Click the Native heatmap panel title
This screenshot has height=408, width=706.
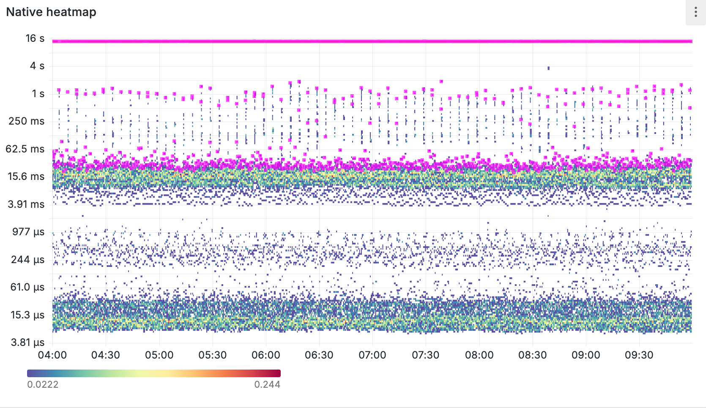[x=51, y=12]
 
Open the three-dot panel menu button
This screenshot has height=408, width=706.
[x=695, y=12]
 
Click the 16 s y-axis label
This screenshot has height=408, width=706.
[x=35, y=38]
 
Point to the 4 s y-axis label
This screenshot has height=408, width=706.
[x=37, y=66]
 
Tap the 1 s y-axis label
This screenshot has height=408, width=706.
[x=38, y=94]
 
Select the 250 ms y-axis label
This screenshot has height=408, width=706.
[x=26, y=121]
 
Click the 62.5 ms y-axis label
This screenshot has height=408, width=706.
[x=25, y=149]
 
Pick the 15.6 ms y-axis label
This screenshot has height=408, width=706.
[x=26, y=177]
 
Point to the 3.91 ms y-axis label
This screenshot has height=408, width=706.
[x=26, y=204]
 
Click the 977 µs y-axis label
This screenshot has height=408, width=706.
[x=28, y=232]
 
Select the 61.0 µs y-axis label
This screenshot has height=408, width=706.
[x=27, y=287]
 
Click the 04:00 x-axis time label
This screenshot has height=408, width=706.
[x=52, y=355]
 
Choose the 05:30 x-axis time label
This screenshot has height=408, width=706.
[x=212, y=355]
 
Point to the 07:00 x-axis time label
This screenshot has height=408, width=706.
[x=372, y=355]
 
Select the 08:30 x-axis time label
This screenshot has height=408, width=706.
[x=532, y=355]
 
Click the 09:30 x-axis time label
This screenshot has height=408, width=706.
[x=639, y=355]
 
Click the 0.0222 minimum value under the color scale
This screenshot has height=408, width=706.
[x=43, y=384]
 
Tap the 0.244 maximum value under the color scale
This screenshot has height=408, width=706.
[x=267, y=384]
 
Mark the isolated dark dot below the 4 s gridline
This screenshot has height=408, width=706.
[x=548, y=68]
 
